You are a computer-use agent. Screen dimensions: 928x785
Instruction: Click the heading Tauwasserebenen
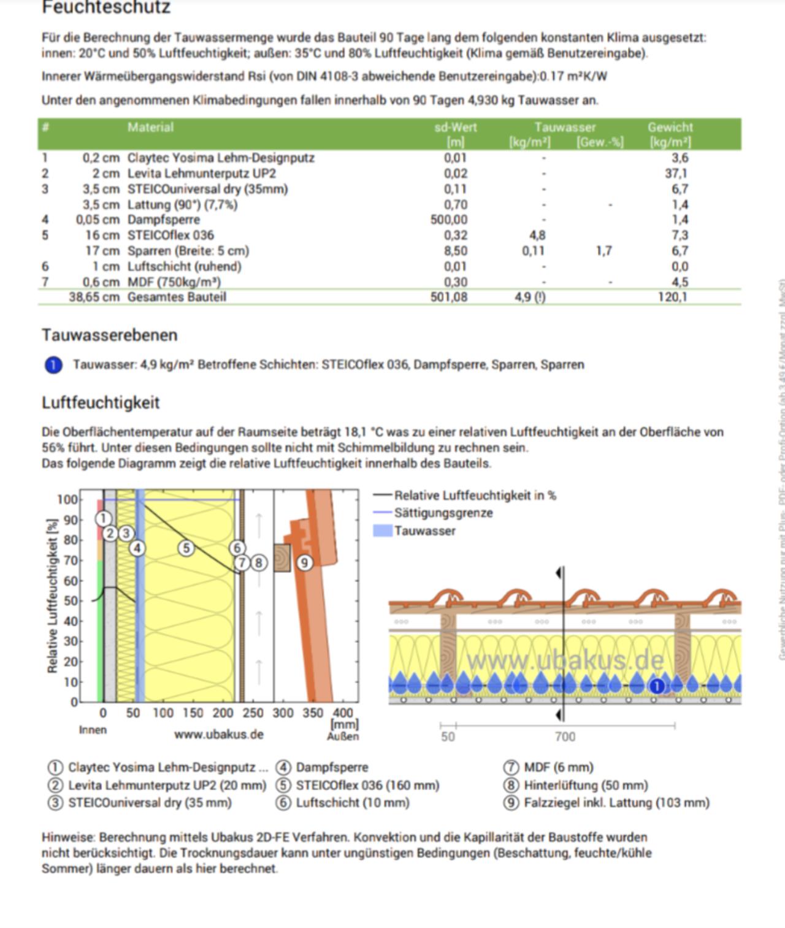click(x=109, y=335)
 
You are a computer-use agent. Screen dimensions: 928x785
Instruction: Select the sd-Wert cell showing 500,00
click(x=448, y=220)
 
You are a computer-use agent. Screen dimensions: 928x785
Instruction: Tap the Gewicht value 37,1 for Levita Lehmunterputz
click(x=676, y=174)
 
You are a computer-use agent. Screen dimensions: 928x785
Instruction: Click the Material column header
click(x=150, y=128)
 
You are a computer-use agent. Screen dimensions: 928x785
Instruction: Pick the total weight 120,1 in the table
click(x=673, y=297)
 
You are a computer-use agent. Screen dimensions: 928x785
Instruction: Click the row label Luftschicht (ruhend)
click(x=184, y=266)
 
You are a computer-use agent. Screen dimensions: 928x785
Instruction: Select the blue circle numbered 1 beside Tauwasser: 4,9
click(x=53, y=365)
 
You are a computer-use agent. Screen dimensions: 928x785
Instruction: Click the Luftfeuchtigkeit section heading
click(x=101, y=402)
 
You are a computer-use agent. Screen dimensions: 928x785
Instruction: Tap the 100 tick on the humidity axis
click(x=67, y=499)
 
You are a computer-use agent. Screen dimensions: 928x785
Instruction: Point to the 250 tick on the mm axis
click(x=253, y=713)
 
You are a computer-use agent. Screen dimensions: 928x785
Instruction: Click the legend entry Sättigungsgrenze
click(x=443, y=513)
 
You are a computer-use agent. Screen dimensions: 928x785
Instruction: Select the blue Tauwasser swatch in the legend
click(x=382, y=531)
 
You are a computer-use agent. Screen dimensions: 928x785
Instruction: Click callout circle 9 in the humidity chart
click(x=305, y=562)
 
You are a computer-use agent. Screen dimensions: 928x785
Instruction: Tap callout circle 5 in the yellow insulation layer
click(x=186, y=548)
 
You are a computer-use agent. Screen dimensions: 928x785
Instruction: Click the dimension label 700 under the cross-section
click(x=565, y=737)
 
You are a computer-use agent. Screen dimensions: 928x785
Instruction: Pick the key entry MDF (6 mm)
click(x=558, y=767)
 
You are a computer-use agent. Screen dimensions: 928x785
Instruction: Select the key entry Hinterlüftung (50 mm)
click(x=585, y=785)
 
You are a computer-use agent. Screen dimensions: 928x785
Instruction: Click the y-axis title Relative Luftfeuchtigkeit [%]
click(x=53, y=595)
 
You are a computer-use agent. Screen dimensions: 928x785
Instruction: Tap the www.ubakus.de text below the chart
click(x=218, y=734)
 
